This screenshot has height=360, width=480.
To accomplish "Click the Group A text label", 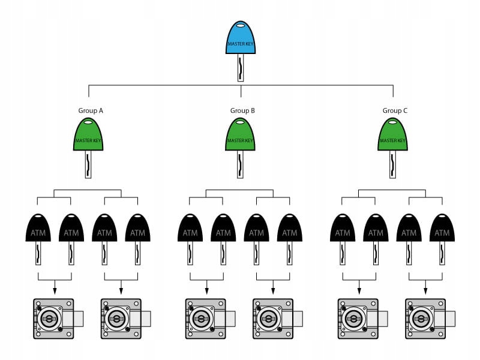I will coord(91,110).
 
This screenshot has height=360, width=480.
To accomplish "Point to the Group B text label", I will coord(242,110).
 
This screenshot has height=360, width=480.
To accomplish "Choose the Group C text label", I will coord(395,110).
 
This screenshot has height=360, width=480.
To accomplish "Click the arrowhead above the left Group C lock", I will coord(359,291).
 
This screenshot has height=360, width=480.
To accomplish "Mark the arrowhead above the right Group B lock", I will coord(273,291).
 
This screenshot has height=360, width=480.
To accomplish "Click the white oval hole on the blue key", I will coord(241,26).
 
